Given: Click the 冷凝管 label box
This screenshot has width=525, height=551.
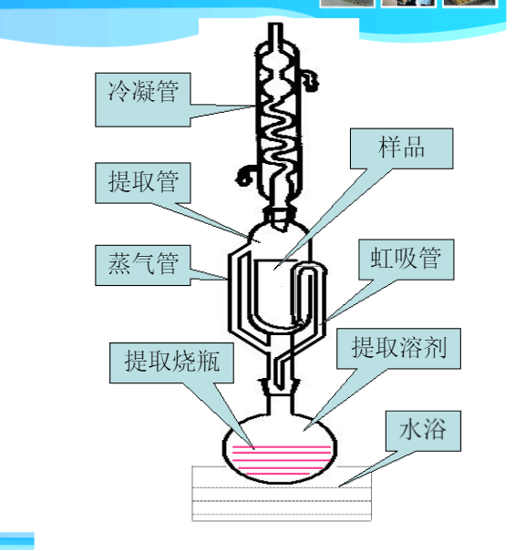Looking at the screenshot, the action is tap(143, 99).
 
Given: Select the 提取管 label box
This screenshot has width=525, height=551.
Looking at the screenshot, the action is tap(143, 183).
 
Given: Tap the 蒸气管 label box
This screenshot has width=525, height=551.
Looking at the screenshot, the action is tap(143, 265).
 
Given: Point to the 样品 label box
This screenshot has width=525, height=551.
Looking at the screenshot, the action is tap(401, 148).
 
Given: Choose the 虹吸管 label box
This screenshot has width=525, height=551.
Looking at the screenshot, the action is tap(407, 260).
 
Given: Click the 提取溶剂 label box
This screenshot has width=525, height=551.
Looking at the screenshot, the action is tap(398, 348).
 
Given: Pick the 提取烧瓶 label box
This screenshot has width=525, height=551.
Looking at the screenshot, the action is tap(171, 362).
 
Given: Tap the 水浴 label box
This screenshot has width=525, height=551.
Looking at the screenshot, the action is tap(423, 431).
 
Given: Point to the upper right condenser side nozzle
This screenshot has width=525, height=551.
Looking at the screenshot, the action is tap(310, 81).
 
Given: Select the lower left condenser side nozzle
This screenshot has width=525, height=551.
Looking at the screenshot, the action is tap(245, 176).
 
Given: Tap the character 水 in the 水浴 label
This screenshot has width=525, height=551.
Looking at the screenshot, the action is tap(410, 429).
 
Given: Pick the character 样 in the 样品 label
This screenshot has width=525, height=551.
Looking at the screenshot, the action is tap(389, 147).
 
